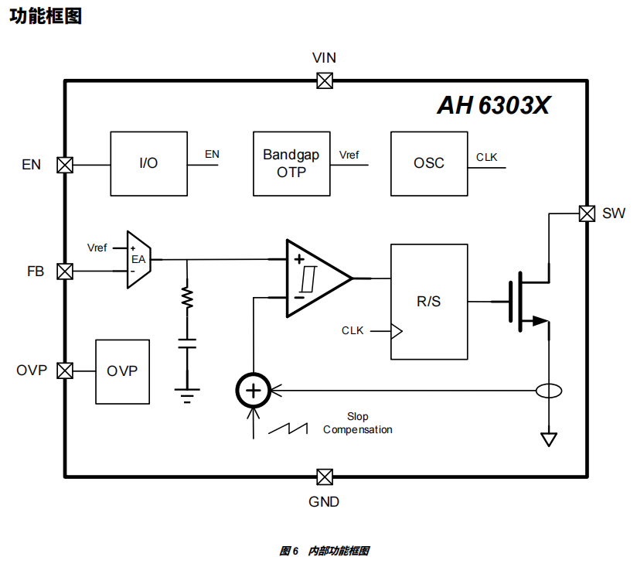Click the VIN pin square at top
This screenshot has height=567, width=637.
325,80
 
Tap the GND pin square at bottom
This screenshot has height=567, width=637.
325,476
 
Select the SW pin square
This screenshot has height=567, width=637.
587,213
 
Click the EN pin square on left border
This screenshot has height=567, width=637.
65,164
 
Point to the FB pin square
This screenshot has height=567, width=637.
65,272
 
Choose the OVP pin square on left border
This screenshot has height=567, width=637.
65,371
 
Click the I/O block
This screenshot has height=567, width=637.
148,164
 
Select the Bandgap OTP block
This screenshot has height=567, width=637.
291,164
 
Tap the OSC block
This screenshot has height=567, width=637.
429,164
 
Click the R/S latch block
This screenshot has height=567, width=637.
429,302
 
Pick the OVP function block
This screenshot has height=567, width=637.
122,371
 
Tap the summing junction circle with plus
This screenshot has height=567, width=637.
253,391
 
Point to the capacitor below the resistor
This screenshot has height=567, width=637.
186,343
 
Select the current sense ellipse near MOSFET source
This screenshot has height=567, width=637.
549,391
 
